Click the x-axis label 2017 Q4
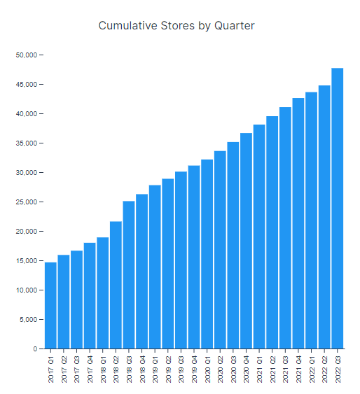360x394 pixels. point(90,367)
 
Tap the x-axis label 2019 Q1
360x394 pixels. point(155,367)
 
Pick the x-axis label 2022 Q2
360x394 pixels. point(325,367)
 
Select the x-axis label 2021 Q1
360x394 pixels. point(259,367)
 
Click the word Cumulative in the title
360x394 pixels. point(125,26)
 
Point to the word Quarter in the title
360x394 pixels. point(234,26)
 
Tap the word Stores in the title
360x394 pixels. point(175,26)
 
